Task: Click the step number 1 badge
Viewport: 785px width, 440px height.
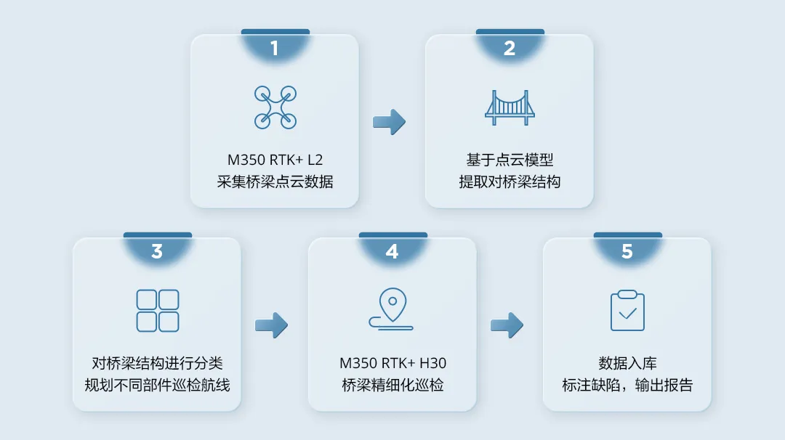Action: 275,49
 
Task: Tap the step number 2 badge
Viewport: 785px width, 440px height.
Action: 510,49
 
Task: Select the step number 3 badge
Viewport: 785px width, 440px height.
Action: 157,252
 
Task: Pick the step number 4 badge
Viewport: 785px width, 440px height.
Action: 392,252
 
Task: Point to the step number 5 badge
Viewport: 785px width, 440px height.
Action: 627,252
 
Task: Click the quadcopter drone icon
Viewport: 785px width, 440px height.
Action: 275,107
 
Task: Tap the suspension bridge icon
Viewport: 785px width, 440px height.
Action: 510,107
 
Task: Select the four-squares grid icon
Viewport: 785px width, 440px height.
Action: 158,311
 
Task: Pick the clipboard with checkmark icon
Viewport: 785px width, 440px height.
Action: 627,311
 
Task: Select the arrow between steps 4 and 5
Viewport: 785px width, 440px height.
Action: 507,325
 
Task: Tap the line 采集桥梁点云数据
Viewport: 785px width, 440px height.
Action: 275,182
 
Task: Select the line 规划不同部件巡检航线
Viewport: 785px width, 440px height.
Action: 158,385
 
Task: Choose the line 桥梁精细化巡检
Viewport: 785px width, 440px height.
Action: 392,385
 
